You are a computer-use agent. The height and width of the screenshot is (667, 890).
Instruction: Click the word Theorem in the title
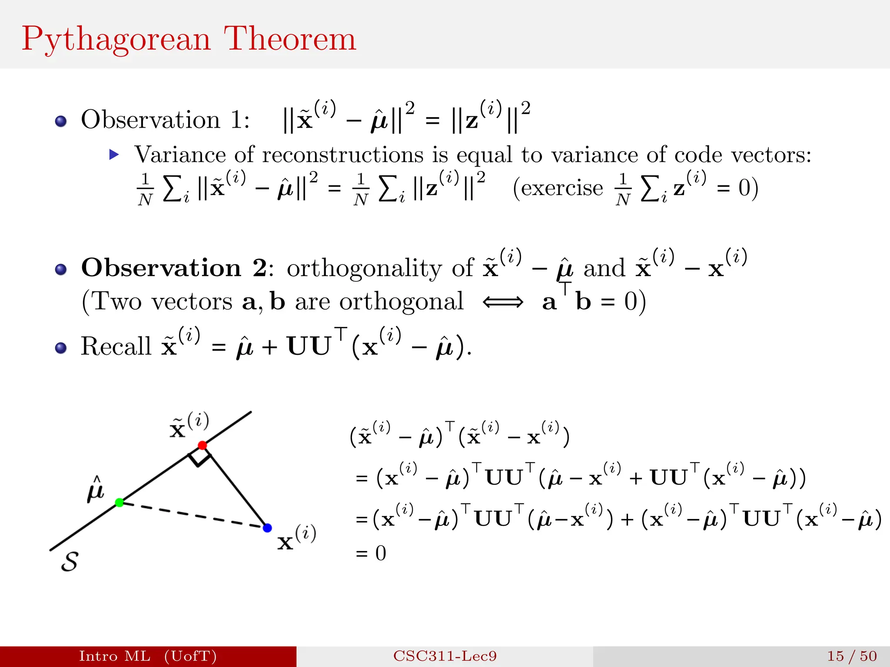tap(290, 39)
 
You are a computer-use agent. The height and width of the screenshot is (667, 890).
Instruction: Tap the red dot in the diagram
tap(202, 445)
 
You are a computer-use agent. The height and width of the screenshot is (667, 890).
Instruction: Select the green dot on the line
tap(120, 502)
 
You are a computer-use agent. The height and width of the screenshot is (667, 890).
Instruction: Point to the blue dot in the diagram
tap(267, 528)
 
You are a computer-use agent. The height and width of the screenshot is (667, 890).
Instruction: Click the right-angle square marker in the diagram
tap(199, 457)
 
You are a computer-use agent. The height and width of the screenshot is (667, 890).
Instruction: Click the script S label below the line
tap(70, 561)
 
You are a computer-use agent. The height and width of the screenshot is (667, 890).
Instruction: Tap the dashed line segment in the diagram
tap(193, 515)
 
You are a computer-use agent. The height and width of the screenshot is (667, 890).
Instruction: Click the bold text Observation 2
tap(174, 268)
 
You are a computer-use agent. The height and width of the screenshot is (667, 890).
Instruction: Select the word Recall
tap(116, 347)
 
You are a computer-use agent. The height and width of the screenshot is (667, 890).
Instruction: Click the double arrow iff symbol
tap(503, 302)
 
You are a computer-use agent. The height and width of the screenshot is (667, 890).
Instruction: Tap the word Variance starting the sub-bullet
tap(179, 155)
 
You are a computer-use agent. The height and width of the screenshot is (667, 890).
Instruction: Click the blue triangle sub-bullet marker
tap(114, 155)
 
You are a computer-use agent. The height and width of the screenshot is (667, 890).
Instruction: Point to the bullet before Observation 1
tap(61, 121)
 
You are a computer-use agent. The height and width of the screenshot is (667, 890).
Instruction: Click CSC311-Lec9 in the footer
tap(445, 656)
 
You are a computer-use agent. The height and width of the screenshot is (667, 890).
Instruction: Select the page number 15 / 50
tap(852, 656)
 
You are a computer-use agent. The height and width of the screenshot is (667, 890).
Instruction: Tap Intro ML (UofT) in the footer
tap(148, 656)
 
